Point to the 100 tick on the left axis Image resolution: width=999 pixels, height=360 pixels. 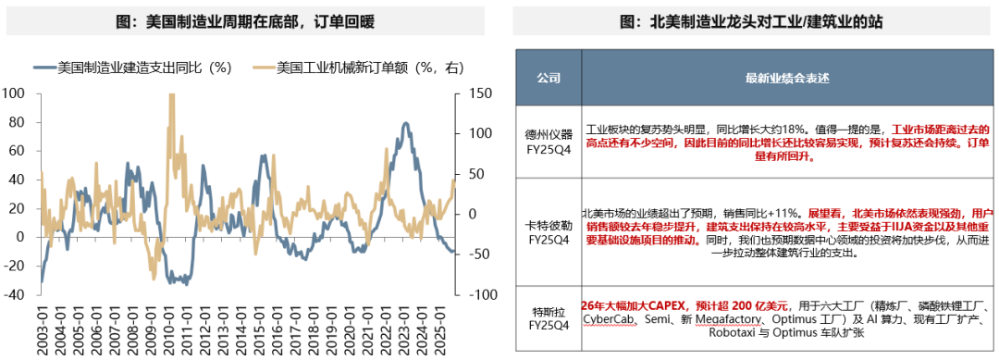coord(14,93)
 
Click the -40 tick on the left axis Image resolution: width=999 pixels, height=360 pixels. coord(14,294)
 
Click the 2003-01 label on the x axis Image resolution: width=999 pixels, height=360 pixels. coord(43,329)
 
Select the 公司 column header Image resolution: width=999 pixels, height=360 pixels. coord(549,79)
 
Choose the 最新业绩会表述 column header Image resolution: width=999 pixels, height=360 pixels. coord(777,79)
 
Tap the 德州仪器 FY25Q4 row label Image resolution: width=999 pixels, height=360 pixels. coord(549,144)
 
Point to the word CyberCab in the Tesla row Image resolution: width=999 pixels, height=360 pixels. coord(612,318)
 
